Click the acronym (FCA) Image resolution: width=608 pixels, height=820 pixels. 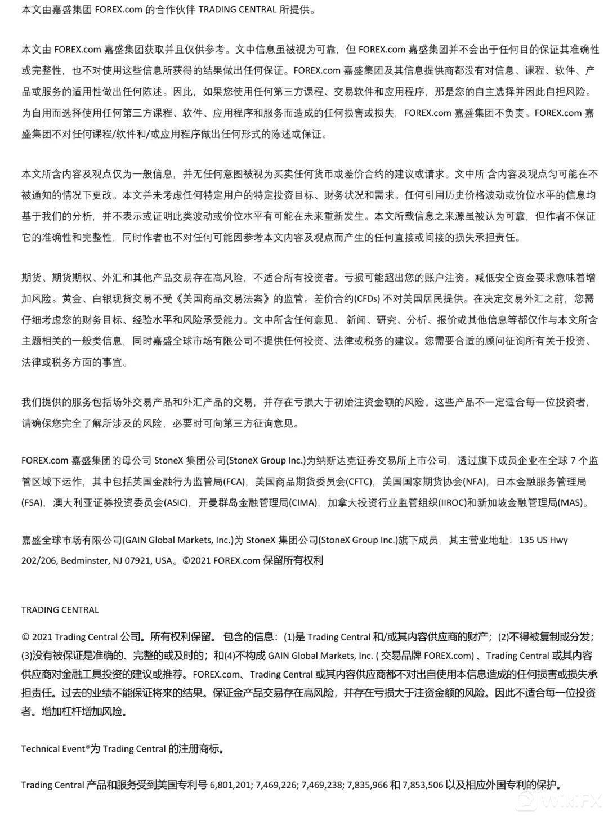tap(234, 482)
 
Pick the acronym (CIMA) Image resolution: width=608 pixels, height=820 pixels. tap(304, 502)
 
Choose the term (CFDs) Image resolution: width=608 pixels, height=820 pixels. tap(366, 299)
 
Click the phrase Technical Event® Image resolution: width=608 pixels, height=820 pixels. tap(55, 749)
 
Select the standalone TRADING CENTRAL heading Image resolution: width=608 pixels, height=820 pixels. tap(60, 610)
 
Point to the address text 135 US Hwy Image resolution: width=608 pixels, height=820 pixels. tap(543, 540)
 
